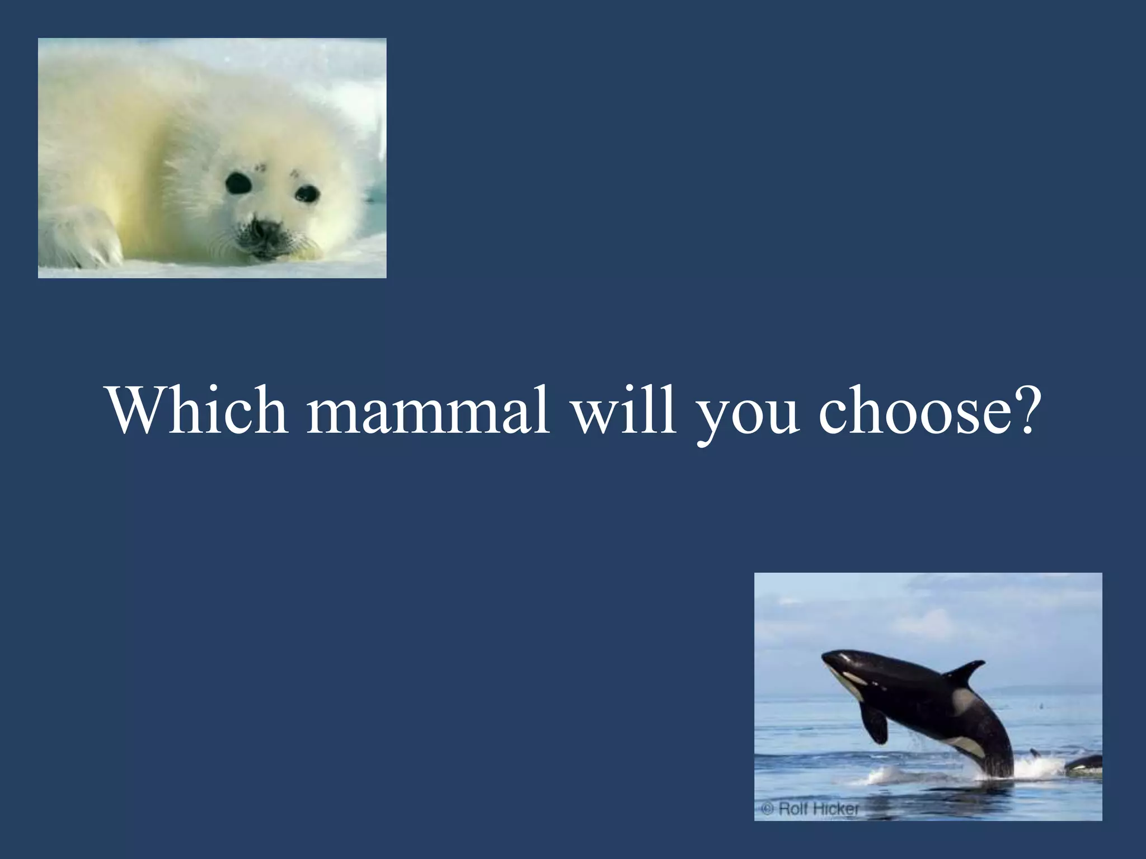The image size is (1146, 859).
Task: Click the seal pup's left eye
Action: click(x=238, y=183)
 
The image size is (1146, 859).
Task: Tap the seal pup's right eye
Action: click(x=307, y=194)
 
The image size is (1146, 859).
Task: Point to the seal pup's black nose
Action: click(x=267, y=228)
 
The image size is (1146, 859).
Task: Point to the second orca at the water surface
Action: click(x=1084, y=763)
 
